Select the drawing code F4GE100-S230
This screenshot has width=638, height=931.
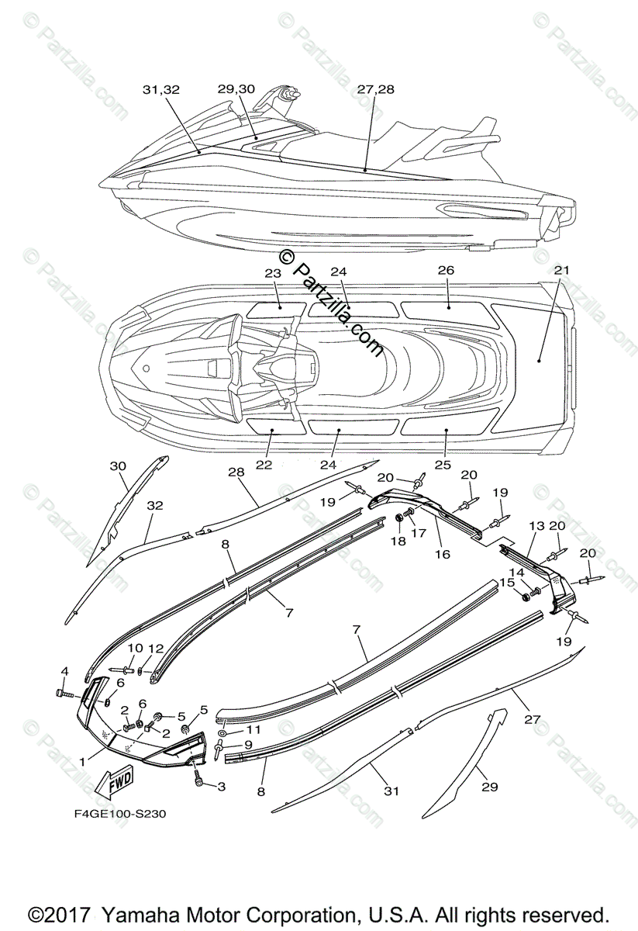point(116,814)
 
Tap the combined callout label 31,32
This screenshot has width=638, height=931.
point(160,90)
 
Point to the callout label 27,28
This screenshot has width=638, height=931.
point(376,89)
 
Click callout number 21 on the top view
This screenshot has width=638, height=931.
point(562,270)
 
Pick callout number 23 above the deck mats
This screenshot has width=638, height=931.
point(271,273)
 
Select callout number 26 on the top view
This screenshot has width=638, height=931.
point(445,270)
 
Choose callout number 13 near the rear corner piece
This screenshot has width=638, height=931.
point(537,526)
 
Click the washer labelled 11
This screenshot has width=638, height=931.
point(222,732)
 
